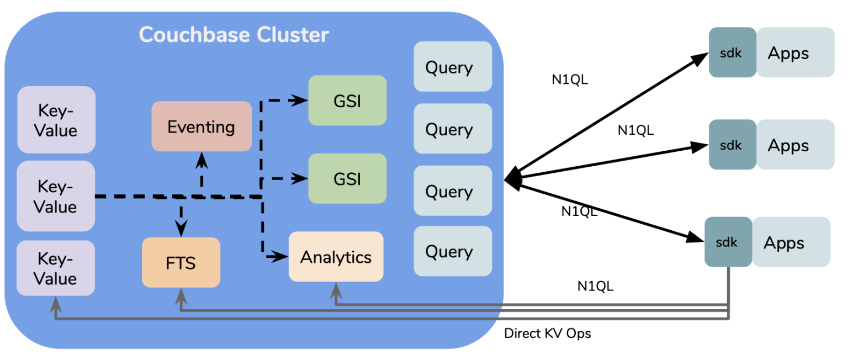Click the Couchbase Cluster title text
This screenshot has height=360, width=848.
click(234, 35)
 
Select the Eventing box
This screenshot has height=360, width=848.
click(202, 126)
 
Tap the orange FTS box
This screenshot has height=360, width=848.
click(181, 262)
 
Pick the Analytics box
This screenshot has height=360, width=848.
click(336, 257)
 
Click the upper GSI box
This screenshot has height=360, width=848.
click(347, 100)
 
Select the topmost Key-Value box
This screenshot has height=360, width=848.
click(56, 120)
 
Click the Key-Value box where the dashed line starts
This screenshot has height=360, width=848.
click(56, 196)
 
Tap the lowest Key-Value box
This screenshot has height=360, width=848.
click(56, 268)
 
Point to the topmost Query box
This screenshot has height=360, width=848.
click(453, 67)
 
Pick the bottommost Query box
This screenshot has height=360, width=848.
click(453, 251)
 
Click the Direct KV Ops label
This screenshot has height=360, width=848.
click(547, 333)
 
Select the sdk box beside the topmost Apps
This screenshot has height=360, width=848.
click(732, 52)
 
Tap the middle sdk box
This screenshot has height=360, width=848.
click(732, 145)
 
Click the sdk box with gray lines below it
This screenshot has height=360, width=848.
click(728, 242)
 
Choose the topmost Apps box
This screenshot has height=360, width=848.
click(795, 52)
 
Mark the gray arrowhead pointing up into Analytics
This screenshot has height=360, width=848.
click(336, 289)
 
